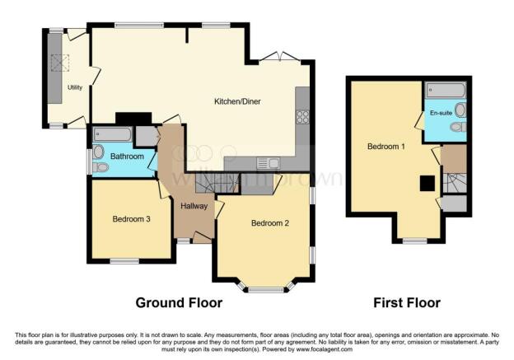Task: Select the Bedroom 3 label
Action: tap(132, 219)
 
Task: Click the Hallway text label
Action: tap(191, 205)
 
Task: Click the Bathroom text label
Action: tap(128, 157)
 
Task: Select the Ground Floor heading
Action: tap(180, 303)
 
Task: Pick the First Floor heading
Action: tap(408, 303)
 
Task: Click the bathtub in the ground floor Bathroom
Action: tap(113, 135)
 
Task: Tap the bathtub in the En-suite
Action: tap(446, 90)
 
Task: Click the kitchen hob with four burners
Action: tap(302, 117)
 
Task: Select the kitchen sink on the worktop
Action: tap(269, 162)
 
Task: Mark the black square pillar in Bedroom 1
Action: tap(427, 184)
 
